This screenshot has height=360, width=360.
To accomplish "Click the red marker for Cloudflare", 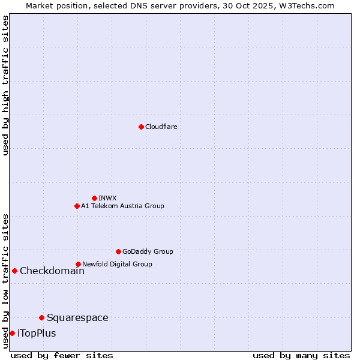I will point(141,127).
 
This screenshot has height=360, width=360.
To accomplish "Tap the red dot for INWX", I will point(94,198).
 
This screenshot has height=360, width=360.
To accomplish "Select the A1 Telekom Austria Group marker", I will point(77,206).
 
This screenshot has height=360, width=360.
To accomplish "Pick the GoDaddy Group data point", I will point(118,251).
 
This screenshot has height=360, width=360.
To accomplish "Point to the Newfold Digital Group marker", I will point(78,264).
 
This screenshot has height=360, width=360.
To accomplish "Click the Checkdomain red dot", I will point(14,271).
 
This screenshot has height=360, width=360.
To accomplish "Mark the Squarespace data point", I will point(41,317).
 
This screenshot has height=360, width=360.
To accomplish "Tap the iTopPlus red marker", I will point(12,333).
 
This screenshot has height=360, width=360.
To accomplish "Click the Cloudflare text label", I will point(161,127).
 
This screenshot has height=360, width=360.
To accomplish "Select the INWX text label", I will point(107,198).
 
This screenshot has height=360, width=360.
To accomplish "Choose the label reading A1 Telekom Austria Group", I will point(122,206).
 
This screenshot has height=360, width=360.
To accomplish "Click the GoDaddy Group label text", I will point(148,251).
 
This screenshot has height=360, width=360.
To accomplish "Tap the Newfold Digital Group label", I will point(117,264).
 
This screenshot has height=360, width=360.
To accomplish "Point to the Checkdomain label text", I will point(52,271).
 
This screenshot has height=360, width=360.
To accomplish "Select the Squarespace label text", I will point(77,317).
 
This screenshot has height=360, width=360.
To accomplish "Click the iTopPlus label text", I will point(37,333).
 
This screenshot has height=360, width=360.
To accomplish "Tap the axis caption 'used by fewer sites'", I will point(62,355).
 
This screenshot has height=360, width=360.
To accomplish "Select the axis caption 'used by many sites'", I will point(301,355).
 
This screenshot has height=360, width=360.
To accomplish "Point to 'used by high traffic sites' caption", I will point(5,85).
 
